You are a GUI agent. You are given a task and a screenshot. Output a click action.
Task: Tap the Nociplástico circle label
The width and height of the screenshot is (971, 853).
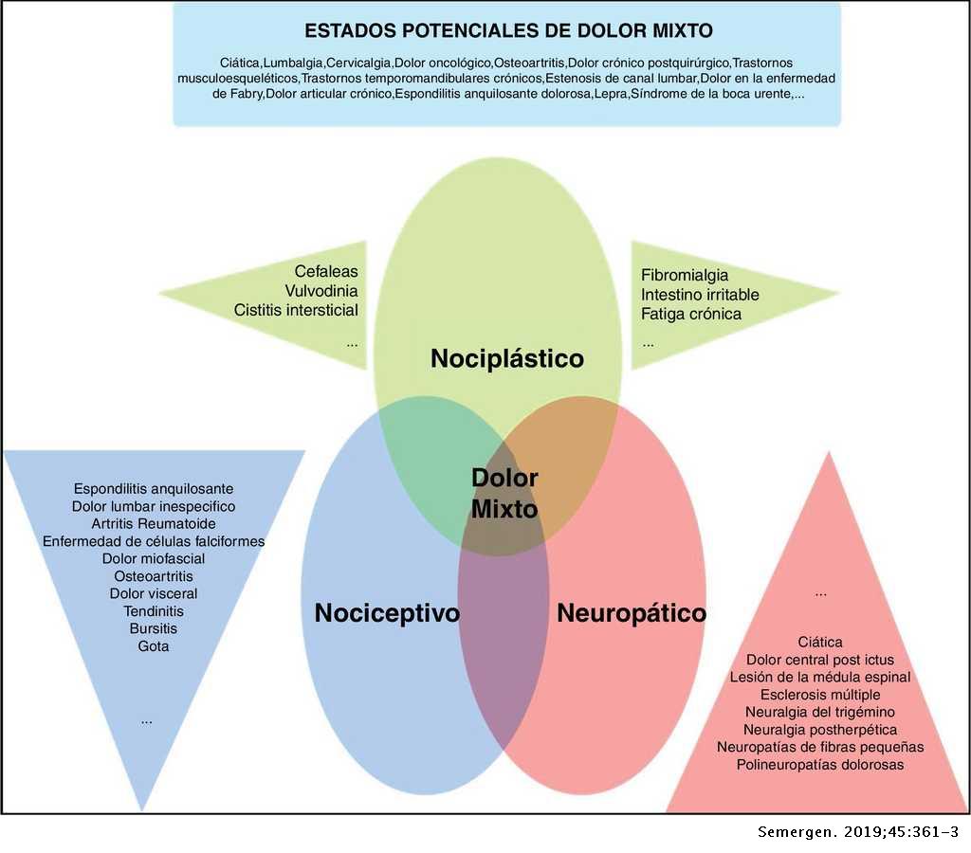507,359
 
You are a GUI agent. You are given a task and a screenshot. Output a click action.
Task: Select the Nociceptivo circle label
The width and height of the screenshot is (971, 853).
387,613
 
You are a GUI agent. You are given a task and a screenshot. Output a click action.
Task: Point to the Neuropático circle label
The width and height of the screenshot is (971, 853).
632,613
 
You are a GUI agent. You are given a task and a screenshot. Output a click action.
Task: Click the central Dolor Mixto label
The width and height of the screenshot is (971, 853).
504,493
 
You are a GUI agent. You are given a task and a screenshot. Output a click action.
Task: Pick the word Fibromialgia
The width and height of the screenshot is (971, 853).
685,276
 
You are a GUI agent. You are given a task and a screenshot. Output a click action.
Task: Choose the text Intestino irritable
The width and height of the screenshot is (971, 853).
700,294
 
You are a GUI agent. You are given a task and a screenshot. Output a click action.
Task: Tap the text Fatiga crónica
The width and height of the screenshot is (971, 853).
691,313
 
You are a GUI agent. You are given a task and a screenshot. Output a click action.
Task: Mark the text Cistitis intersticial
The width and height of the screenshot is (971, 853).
296,310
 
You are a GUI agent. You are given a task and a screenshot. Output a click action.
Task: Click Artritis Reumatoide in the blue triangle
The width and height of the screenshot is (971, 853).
154,524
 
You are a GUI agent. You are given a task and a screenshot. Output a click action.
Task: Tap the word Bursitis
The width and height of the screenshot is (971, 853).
154,628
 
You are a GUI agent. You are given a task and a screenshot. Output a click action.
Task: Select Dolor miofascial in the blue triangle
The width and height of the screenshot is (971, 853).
154,558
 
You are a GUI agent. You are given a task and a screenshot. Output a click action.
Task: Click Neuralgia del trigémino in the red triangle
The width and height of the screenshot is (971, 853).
820,711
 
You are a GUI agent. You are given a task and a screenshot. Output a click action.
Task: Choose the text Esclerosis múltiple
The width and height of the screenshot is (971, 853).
820,694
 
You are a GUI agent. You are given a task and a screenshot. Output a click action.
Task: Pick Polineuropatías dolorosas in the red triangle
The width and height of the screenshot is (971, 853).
820,763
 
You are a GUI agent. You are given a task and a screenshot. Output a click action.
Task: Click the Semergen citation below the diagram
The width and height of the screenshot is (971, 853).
857,832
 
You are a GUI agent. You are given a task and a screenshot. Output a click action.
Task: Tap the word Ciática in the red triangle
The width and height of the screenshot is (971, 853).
820,642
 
